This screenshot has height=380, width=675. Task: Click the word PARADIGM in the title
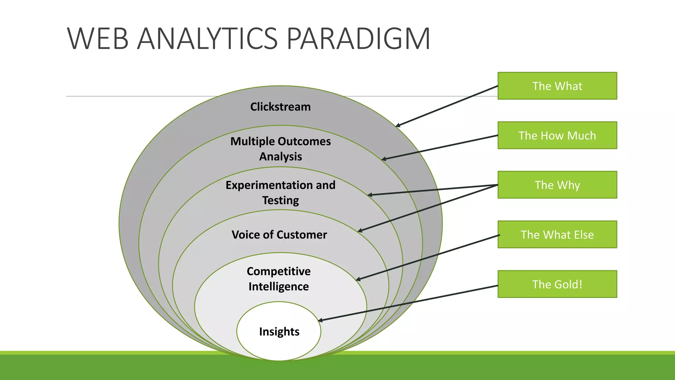pos(358,39)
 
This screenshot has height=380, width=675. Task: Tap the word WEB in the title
pos(98,39)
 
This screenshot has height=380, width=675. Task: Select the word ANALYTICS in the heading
pos(207,39)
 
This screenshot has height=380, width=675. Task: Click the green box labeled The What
pos(557,86)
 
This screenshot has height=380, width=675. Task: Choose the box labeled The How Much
pos(557,135)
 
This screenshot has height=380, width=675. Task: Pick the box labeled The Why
pos(557,185)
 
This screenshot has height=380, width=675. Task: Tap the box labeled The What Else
pos(557,235)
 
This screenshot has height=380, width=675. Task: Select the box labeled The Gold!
pos(557,284)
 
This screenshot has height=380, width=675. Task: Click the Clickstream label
pos(280,107)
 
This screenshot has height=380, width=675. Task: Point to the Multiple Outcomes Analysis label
pos(280,149)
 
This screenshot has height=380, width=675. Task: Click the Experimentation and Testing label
pos(280,193)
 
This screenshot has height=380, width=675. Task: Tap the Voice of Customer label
pos(279,235)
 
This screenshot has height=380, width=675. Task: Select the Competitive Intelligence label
pos(279,279)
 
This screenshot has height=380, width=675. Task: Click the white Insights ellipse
pos(279,331)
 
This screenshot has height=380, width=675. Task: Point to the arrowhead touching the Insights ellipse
pos(320,320)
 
